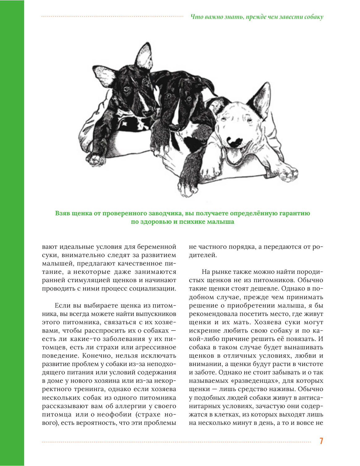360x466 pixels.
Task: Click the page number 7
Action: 321,441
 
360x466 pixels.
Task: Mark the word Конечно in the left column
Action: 95,356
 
